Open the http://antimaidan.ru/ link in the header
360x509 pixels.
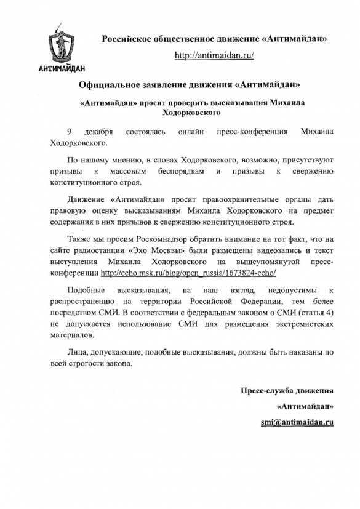(215, 55)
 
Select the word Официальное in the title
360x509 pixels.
(113, 84)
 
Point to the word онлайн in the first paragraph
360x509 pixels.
(190, 132)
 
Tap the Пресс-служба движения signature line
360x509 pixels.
(287, 390)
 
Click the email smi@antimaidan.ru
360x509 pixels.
(297, 423)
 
